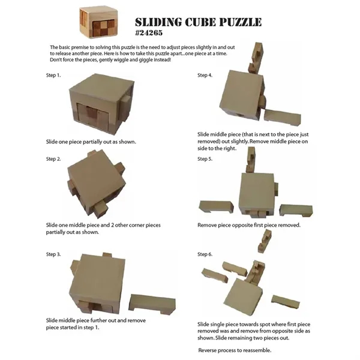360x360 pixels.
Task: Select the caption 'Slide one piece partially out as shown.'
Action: (x=91, y=142)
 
